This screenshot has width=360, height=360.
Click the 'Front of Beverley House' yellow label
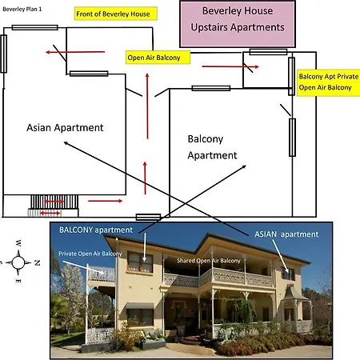point(116,14)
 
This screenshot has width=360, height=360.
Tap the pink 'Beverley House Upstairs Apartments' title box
point(238,24)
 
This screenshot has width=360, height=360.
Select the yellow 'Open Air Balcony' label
point(158,58)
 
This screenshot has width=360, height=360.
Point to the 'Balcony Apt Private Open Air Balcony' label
point(329,82)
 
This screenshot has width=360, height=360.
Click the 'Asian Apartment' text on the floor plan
point(65,127)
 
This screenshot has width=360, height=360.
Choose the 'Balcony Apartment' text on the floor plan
point(212,147)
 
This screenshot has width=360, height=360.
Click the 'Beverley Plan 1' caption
point(22,9)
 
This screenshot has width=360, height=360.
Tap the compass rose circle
point(18,262)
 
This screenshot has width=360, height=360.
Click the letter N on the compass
point(37,262)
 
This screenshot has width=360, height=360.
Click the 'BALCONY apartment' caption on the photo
point(96,230)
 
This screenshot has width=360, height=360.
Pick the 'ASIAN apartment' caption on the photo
point(286,234)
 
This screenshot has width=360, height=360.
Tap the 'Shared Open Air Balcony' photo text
point(209,261)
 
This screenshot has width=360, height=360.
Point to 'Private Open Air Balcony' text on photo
point(90,254)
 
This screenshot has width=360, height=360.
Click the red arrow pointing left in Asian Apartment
point(75,52)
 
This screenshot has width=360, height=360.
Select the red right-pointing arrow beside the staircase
point(106,201)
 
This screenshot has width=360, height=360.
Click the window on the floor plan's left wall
point(4,54)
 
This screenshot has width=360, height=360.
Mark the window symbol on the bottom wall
point(148,217)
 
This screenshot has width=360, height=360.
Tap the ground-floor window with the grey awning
point(140,315)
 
